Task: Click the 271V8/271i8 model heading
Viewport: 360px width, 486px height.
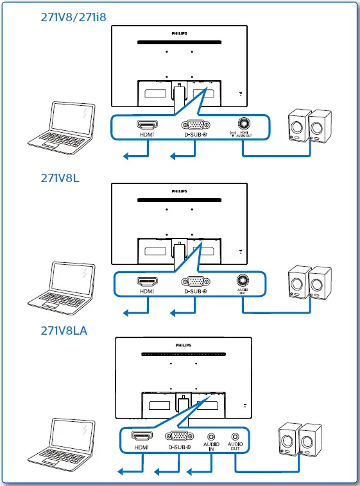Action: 73,18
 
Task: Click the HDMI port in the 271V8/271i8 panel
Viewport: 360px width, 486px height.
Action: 147,125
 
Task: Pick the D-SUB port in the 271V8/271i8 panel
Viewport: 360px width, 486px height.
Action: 194,125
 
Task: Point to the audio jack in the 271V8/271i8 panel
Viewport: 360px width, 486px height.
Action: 244,123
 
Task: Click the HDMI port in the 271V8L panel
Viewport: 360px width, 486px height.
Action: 147,281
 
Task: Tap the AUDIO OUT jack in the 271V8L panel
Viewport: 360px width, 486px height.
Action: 243,280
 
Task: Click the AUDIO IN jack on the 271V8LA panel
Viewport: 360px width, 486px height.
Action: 210,435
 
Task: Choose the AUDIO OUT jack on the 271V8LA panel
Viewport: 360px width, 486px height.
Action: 235,435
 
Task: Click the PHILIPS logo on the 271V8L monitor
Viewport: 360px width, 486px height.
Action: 179,190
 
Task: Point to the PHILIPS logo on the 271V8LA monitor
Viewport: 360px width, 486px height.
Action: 183,345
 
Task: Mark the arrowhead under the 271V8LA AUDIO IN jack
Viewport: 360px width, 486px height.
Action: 190,472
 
